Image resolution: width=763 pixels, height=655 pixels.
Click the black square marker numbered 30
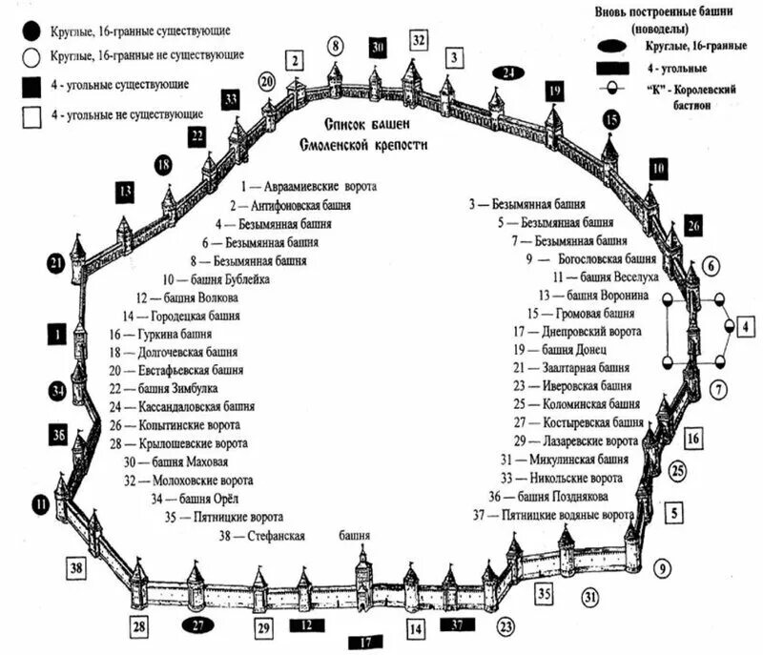coord(377,47)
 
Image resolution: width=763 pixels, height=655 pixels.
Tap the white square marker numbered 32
coord(419,40)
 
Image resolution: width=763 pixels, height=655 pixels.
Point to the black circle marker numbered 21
coord(56,262)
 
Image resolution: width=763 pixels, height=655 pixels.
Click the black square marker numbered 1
coord(57,334)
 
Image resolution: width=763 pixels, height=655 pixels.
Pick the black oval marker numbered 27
coord(199,625)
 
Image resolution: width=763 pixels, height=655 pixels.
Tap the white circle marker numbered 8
coord(335,45)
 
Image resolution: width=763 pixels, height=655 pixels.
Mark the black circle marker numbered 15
coord(611,119)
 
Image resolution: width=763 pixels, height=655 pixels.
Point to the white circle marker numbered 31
coord(591,598)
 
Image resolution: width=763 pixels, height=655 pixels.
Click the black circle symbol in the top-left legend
coord(31,30)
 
